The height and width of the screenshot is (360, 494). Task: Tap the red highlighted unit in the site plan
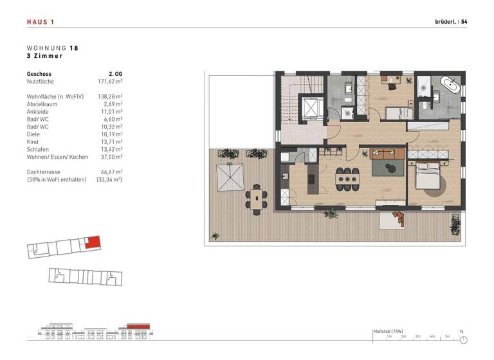[x=93, y=243]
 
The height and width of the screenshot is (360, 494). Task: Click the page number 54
[x=464, y=22]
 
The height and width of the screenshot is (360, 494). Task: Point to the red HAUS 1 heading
[x=40, y=22]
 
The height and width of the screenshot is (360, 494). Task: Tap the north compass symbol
[x=462, y=339]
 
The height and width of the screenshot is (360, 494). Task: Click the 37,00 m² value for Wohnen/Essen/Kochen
[x=111, y=157]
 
